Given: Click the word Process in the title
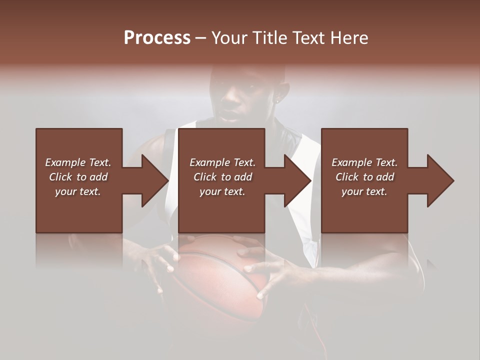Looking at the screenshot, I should [x=157, y=38].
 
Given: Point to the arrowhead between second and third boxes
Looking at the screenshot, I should [x=297, y=180].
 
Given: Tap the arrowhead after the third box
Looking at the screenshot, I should [x=439, y=180].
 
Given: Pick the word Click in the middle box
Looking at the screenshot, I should [x=204, y=177].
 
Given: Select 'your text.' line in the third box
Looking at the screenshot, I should [x=364, y=191].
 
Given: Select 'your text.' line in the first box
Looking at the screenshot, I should [x=78, y=191].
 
